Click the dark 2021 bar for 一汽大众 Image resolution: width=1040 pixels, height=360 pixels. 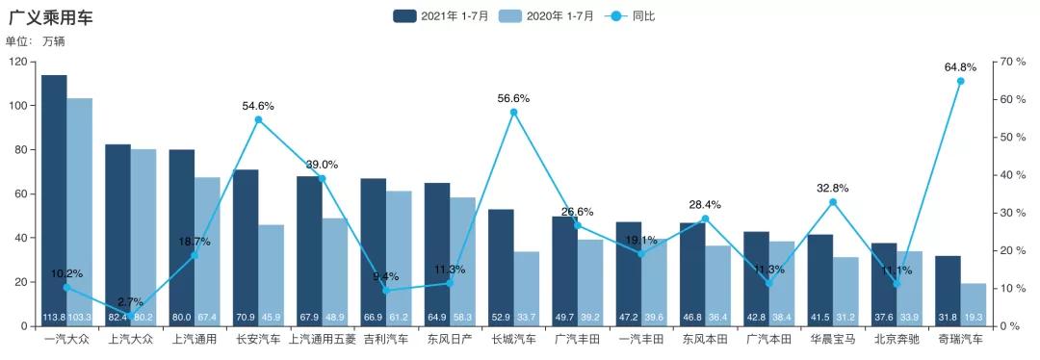point(54,193)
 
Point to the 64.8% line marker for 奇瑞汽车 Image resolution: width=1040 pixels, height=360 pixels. point(960,81)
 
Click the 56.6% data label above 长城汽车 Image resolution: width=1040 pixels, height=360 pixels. point(513,98)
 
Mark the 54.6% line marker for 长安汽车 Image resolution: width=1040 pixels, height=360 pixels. point(258,119)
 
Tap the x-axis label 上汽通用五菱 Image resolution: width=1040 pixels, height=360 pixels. point(322,340)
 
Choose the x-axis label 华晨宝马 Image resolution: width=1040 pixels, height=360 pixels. point(833,340)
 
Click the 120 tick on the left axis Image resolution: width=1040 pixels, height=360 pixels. point(18,62)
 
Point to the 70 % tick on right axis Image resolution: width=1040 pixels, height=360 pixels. point(1012,62)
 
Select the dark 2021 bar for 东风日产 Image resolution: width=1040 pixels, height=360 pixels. point(437,250)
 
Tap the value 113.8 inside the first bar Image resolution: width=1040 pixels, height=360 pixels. point(54,318)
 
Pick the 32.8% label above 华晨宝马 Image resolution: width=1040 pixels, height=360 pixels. point(833,188)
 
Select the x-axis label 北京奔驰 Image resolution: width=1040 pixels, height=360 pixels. point(897,340)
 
